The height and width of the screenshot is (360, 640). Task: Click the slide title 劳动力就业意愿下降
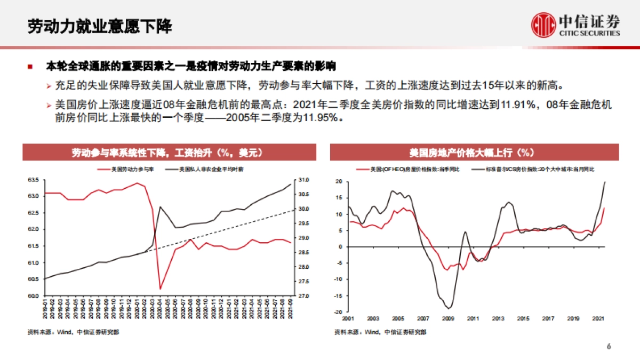pyautogui.click(x=101, y=26)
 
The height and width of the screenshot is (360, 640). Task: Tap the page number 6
pyautogui.click(x=609, y=347)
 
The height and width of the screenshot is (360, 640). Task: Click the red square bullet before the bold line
pyautogui.click(x=31, y=67)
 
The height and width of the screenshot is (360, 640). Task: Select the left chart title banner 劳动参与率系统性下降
pyautogui.click(x=168, y=153)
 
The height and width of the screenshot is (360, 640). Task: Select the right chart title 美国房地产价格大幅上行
pyautogui.click(x=474, y=153)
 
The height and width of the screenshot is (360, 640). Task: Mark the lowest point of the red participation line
pyautogui.click(x=160, y=290)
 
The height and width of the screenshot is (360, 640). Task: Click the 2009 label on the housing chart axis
pyautogui.click(x=449, y=318)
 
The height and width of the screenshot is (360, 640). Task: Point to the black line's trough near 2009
pyautogui.click(x=449, y=308)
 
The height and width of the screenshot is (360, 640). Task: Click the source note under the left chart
pyautogui.click(x=74, y=332)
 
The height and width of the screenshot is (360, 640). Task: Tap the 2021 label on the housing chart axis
pyautogui.click(x=598, y=318)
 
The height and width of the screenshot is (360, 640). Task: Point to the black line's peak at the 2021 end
pyautogui.click(x=605, y=182)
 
